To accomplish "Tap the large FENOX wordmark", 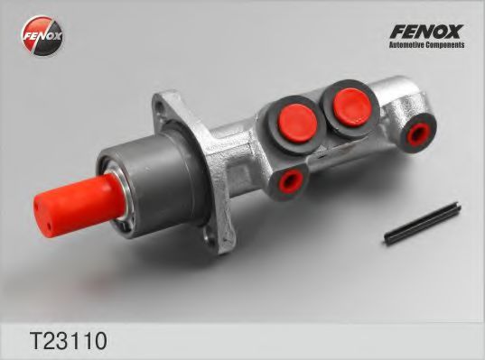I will pos(425,32).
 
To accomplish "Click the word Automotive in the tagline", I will pos(406,46).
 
